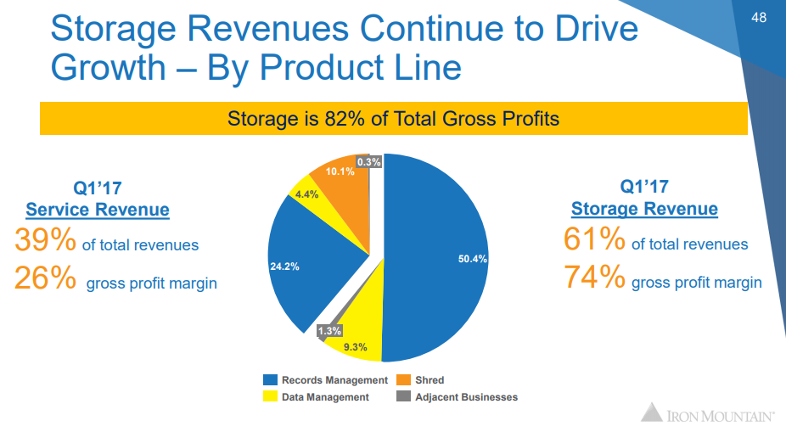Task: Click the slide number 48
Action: pos(759,17)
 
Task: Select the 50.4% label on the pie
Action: pos(472,259)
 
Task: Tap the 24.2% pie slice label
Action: pos(284,266)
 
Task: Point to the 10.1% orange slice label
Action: pos(340,171)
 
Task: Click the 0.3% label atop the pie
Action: pos(369,161)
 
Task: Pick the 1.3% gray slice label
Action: pos(329,330)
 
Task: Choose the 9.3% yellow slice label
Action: pos(356,346)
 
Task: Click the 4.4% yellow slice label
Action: pos(306,194)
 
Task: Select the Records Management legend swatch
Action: pos(271,380)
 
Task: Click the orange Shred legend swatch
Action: pos(404,380)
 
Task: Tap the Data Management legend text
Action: pos(324,396)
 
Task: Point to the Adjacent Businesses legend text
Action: pos(466,396)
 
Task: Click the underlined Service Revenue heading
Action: pos(98,210)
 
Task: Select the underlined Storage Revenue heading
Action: pos(644,209)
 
